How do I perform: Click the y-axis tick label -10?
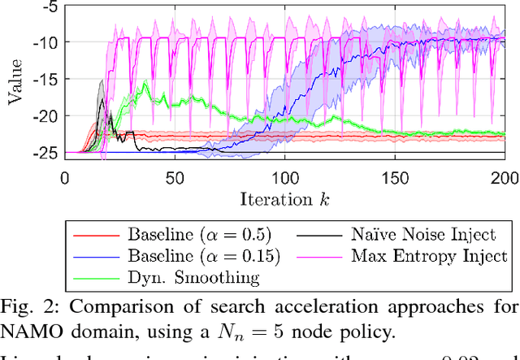(x=46, y=41)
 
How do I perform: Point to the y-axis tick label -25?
(x=46, y=152)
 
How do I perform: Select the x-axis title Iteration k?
(x=285, y=197)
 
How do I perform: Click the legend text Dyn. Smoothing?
(x=193, y=278)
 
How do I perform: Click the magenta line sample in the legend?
(x=323, y=256)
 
